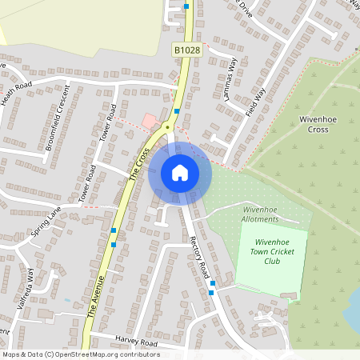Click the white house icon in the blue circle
click(180, 172)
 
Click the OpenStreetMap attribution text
click(80, 354)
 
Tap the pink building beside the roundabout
click(150, 120)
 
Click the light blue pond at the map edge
click(353, 320)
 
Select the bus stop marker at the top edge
click(186, 6)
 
